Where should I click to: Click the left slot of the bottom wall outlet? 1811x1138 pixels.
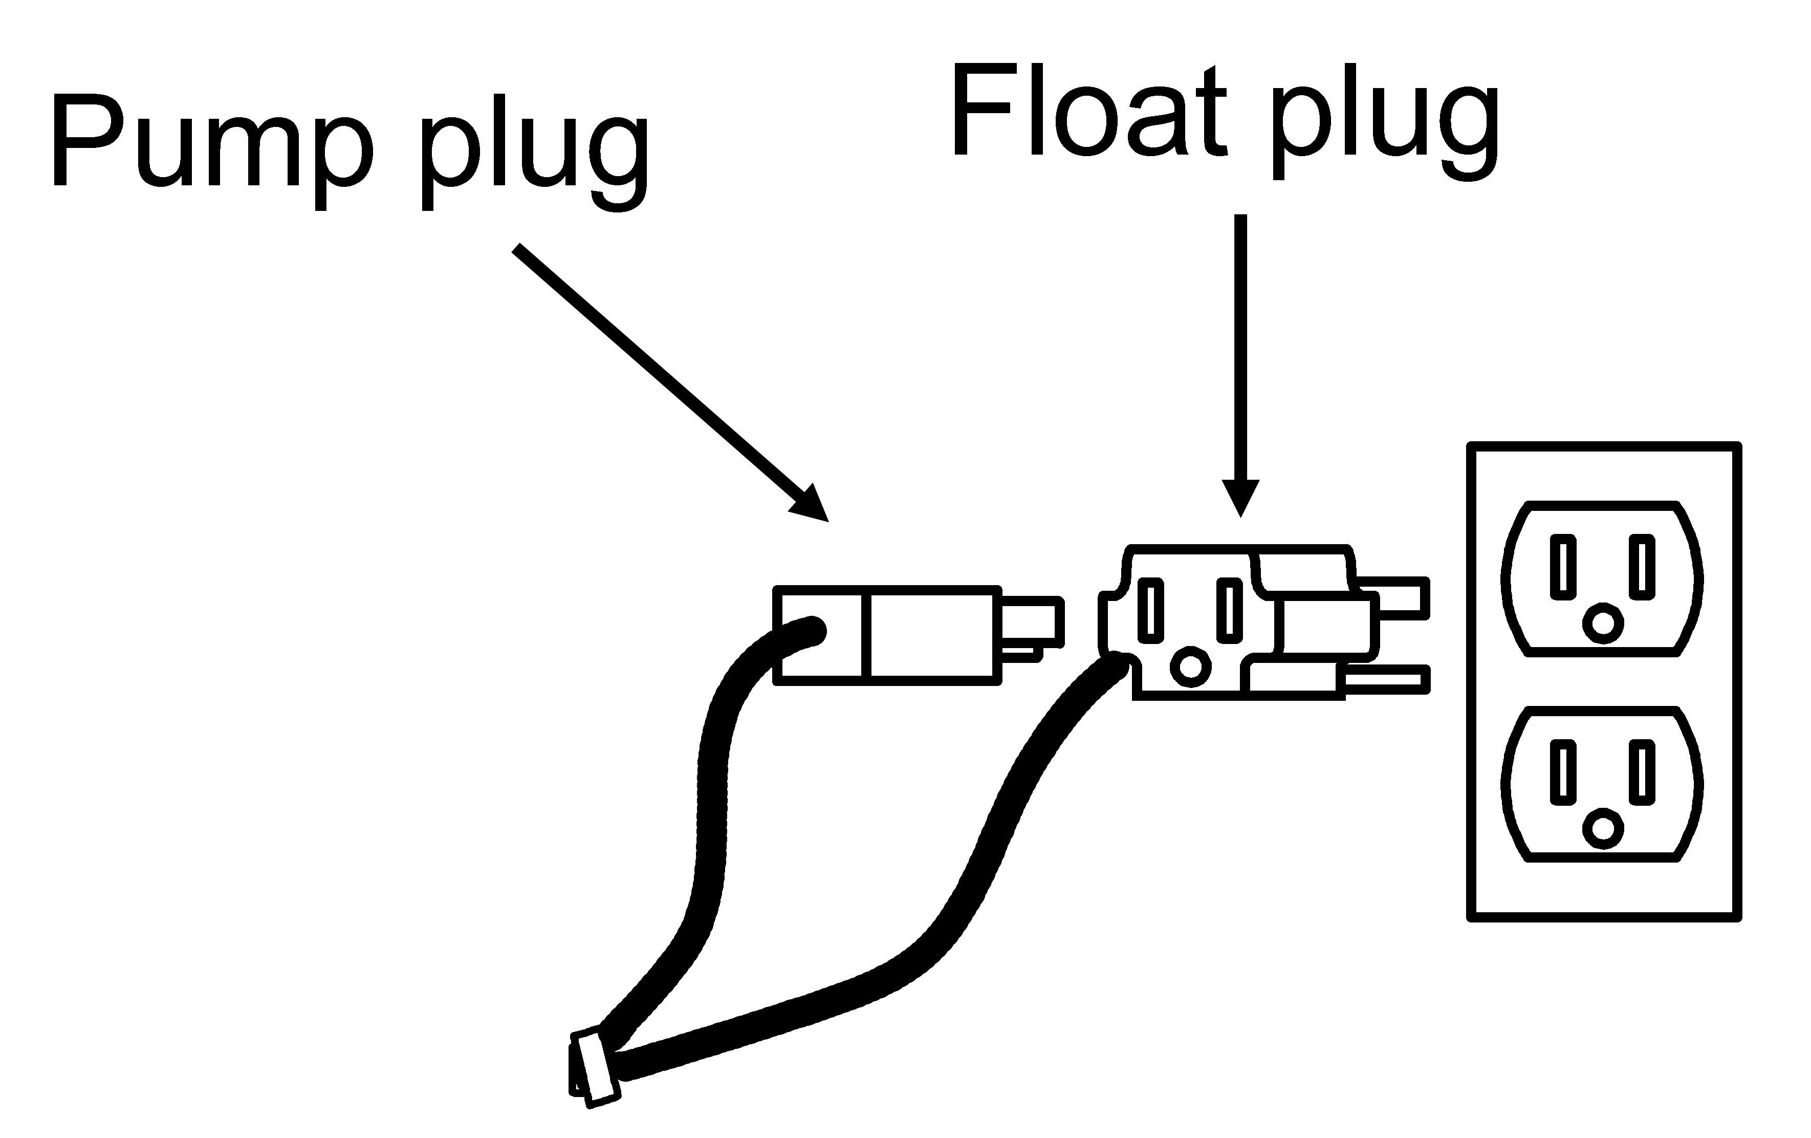coord(1563,772)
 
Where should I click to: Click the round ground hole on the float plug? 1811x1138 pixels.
coord(1191,665)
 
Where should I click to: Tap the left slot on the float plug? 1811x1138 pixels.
coord(1151,610)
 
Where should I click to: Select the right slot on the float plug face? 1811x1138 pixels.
coord(1229,610)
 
